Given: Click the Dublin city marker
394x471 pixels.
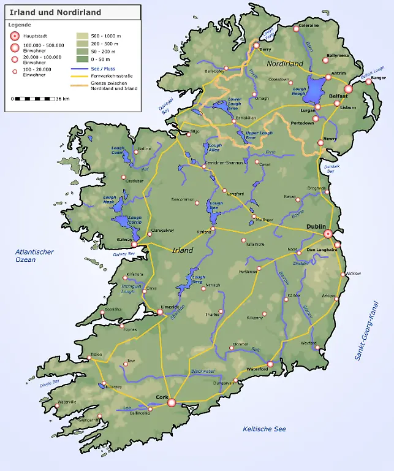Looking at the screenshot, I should pos(328,234).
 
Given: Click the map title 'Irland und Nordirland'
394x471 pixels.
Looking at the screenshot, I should pos(56,12).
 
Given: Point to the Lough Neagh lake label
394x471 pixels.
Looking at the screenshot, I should pos(299,91).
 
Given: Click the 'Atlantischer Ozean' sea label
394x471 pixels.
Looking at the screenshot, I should pos(34,256).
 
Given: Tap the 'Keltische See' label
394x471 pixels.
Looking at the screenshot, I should pos(264,429).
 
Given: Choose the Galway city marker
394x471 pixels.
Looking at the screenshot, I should pos(134,243).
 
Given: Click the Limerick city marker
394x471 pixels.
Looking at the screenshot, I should pos(160,312).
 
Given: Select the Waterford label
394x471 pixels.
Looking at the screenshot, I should pos(257,369).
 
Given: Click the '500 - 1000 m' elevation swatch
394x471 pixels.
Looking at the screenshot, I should pos(81,36).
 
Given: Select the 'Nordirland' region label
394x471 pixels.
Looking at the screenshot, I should pos(285,64).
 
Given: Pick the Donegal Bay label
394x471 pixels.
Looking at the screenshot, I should pos(161,108).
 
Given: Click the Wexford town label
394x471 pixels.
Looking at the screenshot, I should pos(308,343).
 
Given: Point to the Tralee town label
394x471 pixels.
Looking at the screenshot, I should pos(96,354).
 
